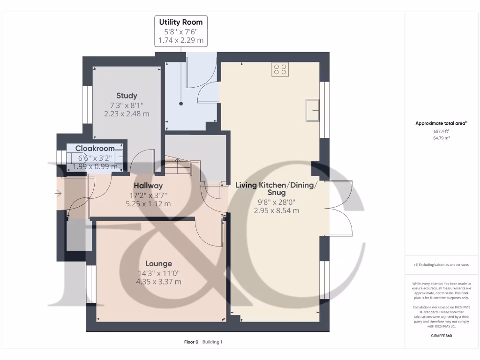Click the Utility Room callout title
(x=181, y=22)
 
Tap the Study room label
(x=127, y=96)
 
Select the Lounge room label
(x=158, y=263)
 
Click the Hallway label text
(x=148, y=186)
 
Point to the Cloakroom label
(x=95, y=149)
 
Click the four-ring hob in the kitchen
(x=280, y=69)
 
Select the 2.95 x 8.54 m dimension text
(x=276, y=211)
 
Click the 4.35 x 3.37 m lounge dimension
(x=158, y=282)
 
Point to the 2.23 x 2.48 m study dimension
(x=127, y=114)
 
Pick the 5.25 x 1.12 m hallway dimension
(x=148, y=204)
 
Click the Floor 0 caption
(x=191, y=342)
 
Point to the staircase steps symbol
(x=180, y=168)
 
